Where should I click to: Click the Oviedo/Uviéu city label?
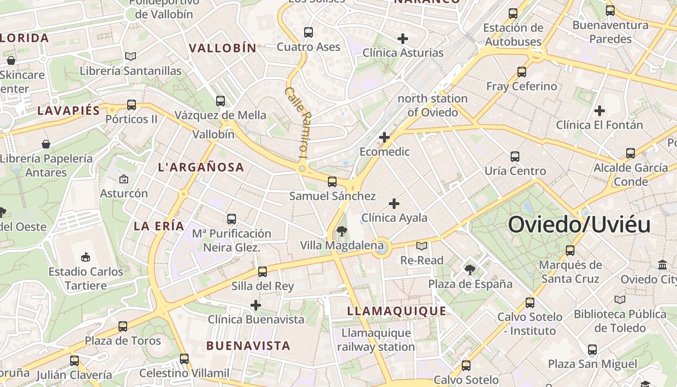point(579,225)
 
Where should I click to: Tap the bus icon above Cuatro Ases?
point(308,32)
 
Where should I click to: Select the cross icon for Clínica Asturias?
point(402,39)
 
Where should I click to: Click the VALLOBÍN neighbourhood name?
point(222,48)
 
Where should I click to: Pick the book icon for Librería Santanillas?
point(130,57)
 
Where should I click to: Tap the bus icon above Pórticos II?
point(131,104)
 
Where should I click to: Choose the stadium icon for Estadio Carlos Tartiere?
point(86,257)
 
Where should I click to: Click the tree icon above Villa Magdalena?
point(341,231)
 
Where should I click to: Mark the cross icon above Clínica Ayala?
point(394,204)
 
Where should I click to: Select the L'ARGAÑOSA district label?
point(201,167)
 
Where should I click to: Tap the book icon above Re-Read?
point(422,246)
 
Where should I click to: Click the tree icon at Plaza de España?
point(470,269)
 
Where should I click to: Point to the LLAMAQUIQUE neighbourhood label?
point(397,311)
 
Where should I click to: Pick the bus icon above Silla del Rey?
point(262,272)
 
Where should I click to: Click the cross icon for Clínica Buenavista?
point(256,305)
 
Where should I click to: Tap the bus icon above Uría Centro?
point(515,157)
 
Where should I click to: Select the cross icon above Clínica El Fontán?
point(599,111)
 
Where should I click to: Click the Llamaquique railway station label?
point(376,340)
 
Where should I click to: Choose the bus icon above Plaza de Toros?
point(123,327)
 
